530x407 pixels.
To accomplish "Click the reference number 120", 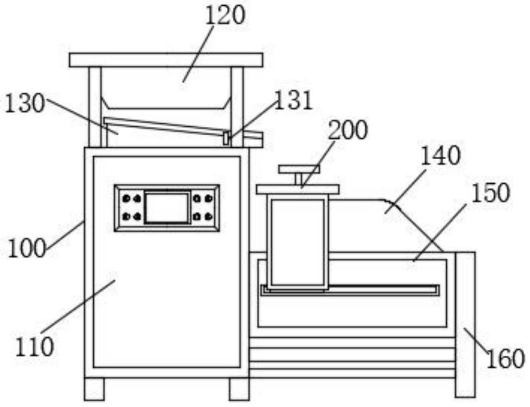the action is (x=224, y=15).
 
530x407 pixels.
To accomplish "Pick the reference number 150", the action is (x=490, y=193).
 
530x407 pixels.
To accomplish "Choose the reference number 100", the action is (x=27, y=249).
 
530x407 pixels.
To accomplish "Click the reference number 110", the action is (x=35, y=347).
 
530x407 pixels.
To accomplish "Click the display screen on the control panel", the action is (x=167, y=208).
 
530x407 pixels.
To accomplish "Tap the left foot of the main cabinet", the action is (x=94, y=389).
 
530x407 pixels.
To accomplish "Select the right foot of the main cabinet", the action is (x=239, y=389).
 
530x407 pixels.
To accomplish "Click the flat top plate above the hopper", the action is (x=166, y=60).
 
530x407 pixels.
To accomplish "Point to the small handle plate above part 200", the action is (x=299, y=169).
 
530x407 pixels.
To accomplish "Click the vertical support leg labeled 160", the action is (x=465, y=324).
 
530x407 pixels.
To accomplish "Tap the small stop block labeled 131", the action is (x=226, y=139).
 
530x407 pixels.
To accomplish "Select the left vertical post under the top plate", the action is (x=95, y=107).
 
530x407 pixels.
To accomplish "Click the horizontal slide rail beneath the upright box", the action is (x=350, y=290).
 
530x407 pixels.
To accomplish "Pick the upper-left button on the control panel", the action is (x=126, y=199).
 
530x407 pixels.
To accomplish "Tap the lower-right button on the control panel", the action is (x=209, y=216).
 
